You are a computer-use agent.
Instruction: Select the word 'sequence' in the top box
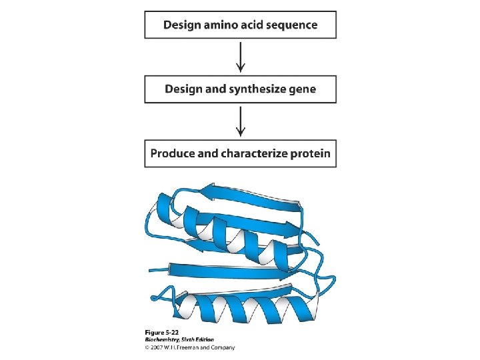291,25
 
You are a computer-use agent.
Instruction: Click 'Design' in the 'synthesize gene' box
183,89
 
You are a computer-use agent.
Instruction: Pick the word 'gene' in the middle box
302,89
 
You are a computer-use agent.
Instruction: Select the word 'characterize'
255,153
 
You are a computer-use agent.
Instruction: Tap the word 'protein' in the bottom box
310,153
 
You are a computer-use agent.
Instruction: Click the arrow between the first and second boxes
241,57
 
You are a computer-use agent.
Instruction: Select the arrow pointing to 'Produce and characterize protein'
241,121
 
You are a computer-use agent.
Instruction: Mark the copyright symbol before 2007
148,347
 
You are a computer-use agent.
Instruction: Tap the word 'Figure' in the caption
155,333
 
